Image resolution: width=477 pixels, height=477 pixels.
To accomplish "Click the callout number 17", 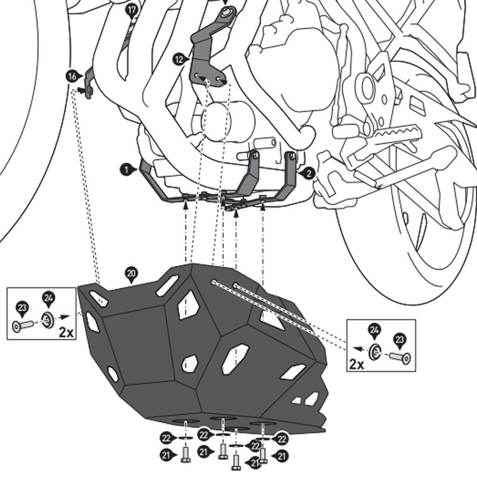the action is tap(132, 10).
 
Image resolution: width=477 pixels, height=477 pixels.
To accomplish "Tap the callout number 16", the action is tap(72, 76).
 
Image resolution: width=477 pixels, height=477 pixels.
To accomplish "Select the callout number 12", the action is tap(178, 59).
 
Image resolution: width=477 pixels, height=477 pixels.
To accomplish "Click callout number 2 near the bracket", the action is tap(309, 174).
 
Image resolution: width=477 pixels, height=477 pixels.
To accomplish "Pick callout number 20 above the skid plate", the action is tap(131, 273).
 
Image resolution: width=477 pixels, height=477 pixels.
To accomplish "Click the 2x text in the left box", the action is tap(66, 332).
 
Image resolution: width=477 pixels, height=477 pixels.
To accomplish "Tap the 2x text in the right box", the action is tap(357, 364).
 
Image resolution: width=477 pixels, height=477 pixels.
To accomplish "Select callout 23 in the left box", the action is tap(22, 308).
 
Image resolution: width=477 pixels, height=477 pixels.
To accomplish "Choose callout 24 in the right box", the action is tap(374, 330).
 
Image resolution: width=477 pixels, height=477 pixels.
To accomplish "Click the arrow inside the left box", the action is tap(64, 317).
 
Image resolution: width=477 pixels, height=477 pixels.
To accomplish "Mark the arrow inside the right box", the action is tap(359, 349).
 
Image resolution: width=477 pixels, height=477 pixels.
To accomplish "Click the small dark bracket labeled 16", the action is tap(88, 83).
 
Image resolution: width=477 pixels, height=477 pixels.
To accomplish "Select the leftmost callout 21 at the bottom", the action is tap(166, 456).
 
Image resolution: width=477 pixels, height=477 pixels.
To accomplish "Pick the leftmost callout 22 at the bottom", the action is tap(166, 438).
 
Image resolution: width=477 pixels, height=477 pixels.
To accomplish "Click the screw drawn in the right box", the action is tap(399, 357).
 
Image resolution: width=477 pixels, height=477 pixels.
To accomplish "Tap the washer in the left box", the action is tap(48, 320).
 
